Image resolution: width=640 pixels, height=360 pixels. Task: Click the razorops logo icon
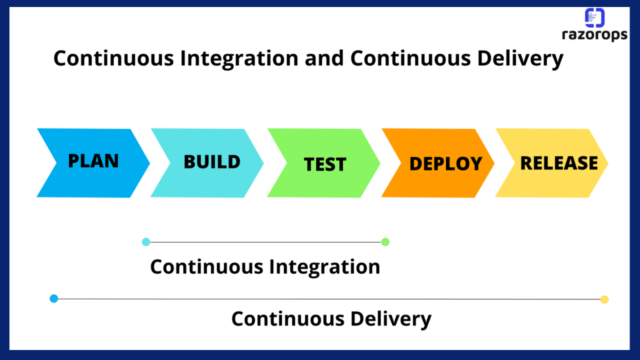(x=594, y=17)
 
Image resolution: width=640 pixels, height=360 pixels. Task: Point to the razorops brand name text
(x=594, y=35)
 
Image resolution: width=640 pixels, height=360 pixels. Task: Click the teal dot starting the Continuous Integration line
(x=146, y=242)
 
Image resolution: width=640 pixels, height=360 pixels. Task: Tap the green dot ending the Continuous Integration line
(x=385, y=242)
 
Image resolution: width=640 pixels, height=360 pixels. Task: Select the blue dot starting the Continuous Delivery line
(x=53, y=298)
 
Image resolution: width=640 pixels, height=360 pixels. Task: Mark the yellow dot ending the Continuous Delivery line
(x=604, y=299)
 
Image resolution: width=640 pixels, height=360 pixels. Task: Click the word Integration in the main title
(x=239, y=59)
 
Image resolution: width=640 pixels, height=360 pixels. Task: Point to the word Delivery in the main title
(x=520, y=59)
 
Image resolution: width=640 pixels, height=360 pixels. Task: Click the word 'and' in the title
(x=324, y=58)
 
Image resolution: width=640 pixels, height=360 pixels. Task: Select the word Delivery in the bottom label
(x=391, y=319)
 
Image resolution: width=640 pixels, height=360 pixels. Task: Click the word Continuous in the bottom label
(x=288, y=318)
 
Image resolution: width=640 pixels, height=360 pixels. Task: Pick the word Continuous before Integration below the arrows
(x=206, y=266)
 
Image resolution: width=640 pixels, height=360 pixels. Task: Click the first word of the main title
(x=113, y=58)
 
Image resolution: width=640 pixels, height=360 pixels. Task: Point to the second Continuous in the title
(x=410, y=58)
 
